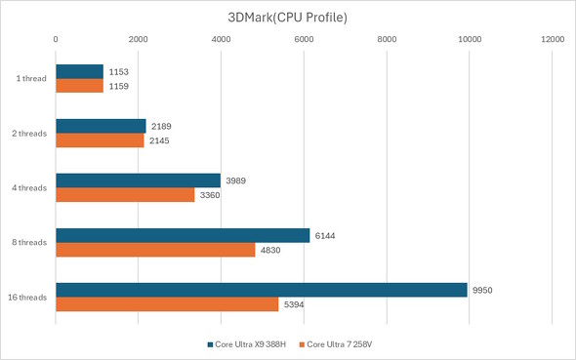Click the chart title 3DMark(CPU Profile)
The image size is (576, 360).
(x=288, y=17)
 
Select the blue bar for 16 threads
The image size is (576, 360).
(x=261, y=290)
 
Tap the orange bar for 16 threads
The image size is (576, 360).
(x=167, y=304)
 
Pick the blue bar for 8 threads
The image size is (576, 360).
(x=183, y=235)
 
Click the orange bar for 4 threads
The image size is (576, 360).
(x=125, y=195)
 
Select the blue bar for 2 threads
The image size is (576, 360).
(x=101, y=126)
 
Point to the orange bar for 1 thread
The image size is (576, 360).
(x=79, y=86)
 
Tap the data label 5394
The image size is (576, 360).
(x=296, y=304)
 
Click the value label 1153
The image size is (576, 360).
(x=120, y=71)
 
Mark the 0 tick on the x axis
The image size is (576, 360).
(x=56, y=40)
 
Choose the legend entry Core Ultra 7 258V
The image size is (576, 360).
(x=343, y=344)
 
